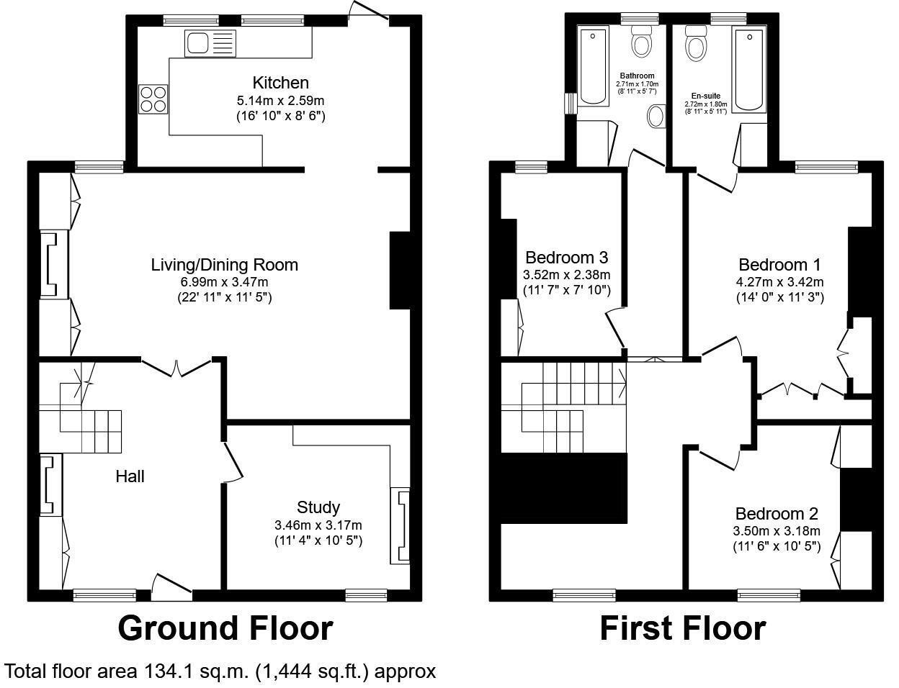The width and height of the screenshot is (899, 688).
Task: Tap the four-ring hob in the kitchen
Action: click(153, 99)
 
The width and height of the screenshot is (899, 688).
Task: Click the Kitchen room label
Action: click(280, 83)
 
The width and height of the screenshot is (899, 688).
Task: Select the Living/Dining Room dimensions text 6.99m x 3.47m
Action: click(224, 281)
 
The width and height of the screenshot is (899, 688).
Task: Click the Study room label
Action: click(318, 507)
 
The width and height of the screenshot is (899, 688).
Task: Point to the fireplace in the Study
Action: click(401, 526)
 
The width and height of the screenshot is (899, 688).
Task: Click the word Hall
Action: click(130, 476)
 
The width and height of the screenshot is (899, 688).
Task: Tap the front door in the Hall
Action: click(172, 587)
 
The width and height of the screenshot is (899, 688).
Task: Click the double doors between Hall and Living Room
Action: click(177, 367)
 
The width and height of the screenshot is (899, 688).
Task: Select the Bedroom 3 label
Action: click(566, 258)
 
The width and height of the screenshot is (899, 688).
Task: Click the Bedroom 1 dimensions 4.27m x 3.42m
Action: click(779, 281)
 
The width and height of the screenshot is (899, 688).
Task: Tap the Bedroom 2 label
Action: click(777, 514)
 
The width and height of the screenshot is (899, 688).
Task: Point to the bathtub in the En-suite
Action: click(749, 70)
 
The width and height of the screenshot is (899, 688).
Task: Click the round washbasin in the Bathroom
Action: click(657, 116)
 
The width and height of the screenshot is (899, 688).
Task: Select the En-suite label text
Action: click(705, 96)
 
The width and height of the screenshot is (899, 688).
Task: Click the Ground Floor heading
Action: click(225, 628)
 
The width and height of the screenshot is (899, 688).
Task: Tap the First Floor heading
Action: click(682, 628)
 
